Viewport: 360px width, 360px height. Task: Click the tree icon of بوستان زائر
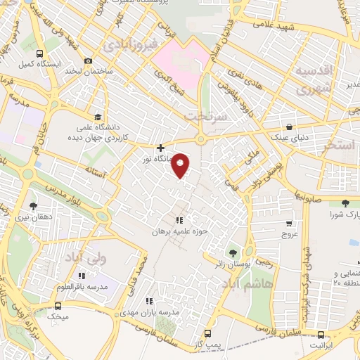click(232, 252)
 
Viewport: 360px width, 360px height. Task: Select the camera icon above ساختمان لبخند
click(87, 61)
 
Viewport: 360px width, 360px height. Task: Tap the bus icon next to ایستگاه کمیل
click(40, 53)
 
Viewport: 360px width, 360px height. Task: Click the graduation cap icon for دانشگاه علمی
click(96, 117)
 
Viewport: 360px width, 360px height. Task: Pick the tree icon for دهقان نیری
click(33, 206)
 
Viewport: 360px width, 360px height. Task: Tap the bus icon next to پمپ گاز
click(207, 333)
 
